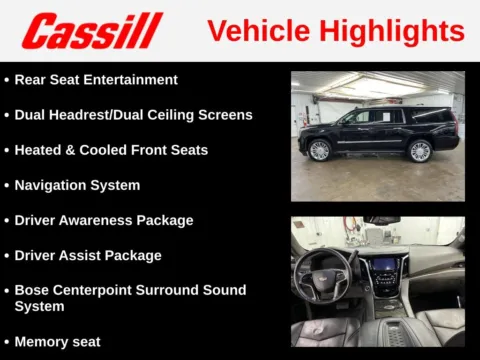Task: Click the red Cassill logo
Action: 92,31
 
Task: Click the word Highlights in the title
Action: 398,31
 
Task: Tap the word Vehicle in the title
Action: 263,31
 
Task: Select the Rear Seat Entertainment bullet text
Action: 96,79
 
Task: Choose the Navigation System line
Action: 77,185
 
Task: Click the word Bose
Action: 32,290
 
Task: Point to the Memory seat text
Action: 57,341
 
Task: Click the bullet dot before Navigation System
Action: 7,185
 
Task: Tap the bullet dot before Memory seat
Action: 7,341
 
